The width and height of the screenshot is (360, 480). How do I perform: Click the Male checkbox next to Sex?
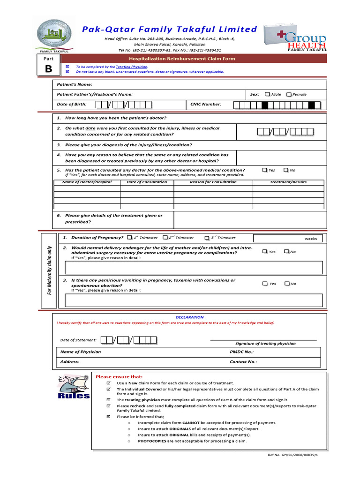pos(267,94)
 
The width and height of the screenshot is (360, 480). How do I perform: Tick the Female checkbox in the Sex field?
pos(289,94)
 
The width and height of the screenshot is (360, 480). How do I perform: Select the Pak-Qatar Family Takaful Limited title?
pos(170,29)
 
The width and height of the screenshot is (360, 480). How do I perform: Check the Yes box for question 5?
pos(265,170)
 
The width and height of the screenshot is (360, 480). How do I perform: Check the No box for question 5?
pos(286,170)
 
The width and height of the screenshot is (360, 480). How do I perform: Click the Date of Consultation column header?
pos(147,182)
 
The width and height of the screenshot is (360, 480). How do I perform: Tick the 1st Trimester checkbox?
pos(129,238)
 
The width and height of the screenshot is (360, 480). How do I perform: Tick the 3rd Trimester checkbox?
pos(207,238)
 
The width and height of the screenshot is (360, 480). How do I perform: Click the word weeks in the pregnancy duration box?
pos(311,239)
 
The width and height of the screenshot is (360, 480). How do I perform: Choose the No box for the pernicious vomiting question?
pos(286,284)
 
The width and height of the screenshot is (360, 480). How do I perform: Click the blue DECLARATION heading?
pos(189,317)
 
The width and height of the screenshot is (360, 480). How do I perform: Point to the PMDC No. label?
pos(241,352)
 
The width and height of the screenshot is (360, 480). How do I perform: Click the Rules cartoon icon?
pos(73,387)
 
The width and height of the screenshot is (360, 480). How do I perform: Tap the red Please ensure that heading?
pos(119,377)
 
